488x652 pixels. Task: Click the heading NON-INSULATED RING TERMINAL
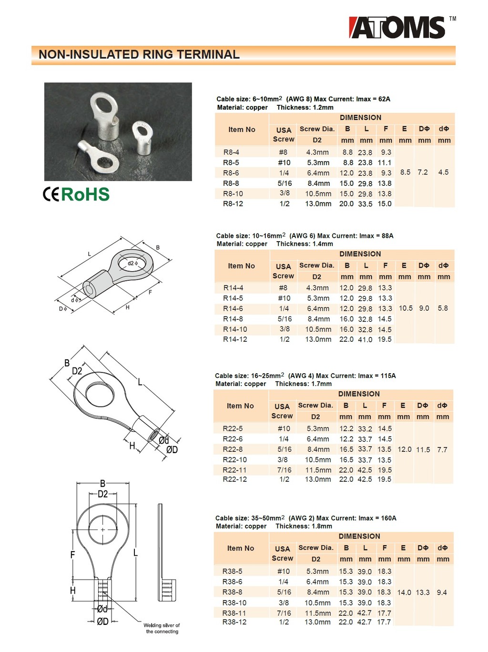click(x=139, y=55)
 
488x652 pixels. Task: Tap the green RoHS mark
click(x=85, y=194)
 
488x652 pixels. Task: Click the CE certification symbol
click(x=51, y=194)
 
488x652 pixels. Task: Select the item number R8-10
click(x=233, y=194)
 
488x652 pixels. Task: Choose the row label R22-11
click(x=234, y=470)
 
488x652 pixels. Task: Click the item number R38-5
click(x=232, y=571)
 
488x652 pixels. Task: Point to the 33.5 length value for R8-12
click(x=365, y=204)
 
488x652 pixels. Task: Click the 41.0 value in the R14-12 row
click(x=365, y=340)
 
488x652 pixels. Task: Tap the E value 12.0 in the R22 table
click(x=404, y=449)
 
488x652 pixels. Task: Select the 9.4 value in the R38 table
click(x=442, y=592)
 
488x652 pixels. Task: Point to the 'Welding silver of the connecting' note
click(x=162, y=628)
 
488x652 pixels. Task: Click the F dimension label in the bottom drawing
click(x=72, y=554)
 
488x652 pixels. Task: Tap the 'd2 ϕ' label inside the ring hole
click(x=132, y=263)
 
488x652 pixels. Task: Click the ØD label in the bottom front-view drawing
click(x=102, y=621)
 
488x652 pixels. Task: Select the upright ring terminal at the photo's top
click(x=105, y=114)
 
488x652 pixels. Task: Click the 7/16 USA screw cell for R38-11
click(x=284, y=613)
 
